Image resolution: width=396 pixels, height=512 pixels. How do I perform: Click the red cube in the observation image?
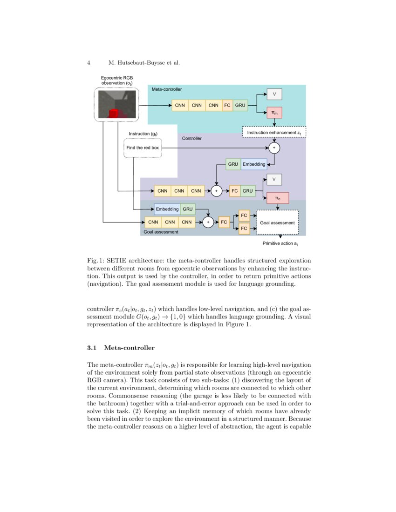pos(114,113)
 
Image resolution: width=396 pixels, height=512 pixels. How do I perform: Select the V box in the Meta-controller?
pos(274,94)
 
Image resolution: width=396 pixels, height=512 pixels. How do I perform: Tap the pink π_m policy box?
pos(274,112)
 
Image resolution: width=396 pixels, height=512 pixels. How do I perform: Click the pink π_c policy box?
pos(277,198)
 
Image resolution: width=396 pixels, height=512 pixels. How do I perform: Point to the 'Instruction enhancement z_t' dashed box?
pos(274,133)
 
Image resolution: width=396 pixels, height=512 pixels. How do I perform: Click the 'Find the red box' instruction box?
pos(143,148)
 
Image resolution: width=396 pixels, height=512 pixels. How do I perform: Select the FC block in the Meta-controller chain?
pos(227,106)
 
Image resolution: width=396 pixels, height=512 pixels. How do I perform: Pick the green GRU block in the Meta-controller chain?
pos(240,106)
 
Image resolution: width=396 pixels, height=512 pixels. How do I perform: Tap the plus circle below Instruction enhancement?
pos(274,148)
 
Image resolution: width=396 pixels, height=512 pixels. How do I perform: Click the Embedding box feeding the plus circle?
pos(253,164)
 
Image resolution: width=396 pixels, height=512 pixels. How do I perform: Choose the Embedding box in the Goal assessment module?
pos(167,209)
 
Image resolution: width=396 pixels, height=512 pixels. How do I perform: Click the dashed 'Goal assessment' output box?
pos(277,222)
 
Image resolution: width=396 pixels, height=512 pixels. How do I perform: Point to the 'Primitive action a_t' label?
pos(280,243)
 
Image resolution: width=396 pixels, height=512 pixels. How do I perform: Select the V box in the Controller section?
pos(274,179)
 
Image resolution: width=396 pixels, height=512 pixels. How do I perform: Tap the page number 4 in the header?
pos(89,62)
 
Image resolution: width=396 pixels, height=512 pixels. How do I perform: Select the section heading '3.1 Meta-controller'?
pos(121,348)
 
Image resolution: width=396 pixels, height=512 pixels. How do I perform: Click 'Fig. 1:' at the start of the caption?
pos(96,260)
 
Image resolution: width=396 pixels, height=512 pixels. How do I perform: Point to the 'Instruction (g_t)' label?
pos(143,134)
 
